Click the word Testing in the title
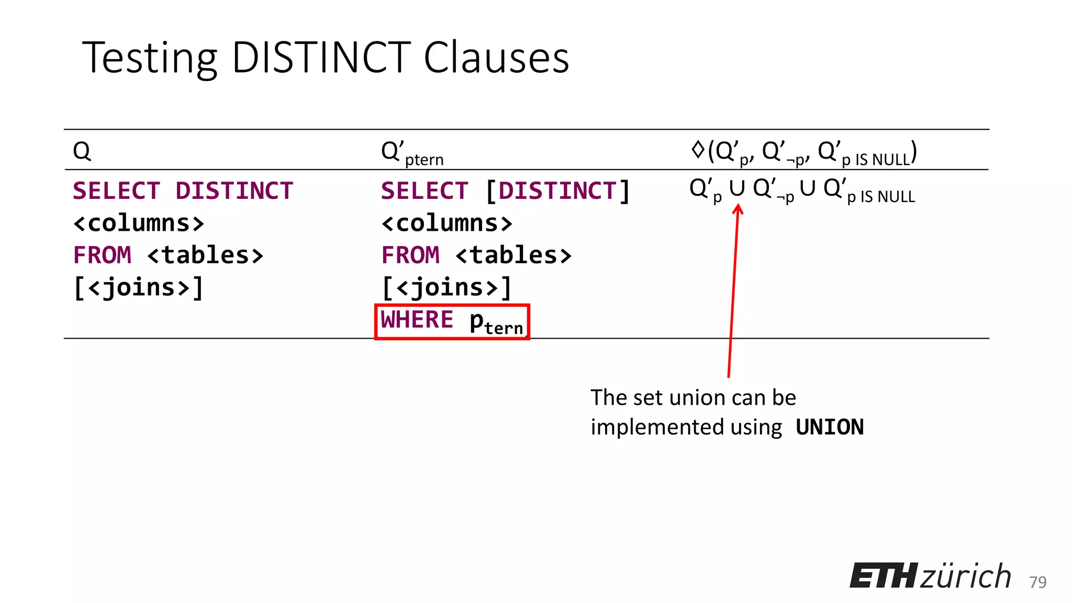(150, 59)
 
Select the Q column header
(82, 151)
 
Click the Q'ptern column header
(412, 152)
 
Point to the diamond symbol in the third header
(698, 150)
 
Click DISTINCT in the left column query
(234, 191)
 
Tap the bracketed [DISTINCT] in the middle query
(558, 191)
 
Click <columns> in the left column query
(139, 224)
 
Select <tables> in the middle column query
(513, 255)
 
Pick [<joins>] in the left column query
(139, 288)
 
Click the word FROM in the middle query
(410, 255)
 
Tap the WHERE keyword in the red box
(417, 320)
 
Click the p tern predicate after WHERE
(496, 322)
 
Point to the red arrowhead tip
(738, 206)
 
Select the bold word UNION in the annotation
(830, 428)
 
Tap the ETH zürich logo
(930, 576)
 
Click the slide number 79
(1037, 582)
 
